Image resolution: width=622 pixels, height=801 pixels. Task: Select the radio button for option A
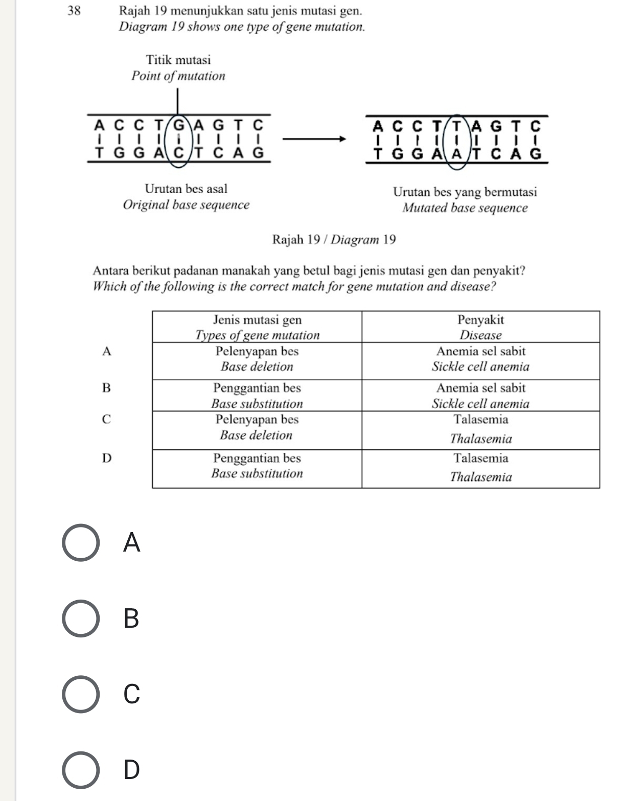(x=81, y=543)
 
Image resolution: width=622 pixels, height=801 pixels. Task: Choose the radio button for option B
(x=81, y=619)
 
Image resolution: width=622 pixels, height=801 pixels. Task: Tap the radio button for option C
(x=81, y=694)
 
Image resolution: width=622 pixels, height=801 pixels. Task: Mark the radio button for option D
(x=81, y=770)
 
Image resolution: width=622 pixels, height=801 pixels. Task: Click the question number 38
(x=74, y=10)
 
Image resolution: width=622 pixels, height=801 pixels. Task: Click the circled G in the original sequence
(x=179, y=125)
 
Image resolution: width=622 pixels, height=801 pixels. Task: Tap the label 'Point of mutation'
(x=178, y=76)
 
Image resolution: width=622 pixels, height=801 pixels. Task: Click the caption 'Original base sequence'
(x=186, y=205)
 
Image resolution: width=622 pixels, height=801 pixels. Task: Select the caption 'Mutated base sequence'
(x=465, y=208)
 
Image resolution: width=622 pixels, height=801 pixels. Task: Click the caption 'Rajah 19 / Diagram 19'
(x=334, y=239)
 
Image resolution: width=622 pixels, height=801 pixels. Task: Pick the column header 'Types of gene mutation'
(x=257, y=335)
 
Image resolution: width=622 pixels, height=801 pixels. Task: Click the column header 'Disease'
(x=480, y=335)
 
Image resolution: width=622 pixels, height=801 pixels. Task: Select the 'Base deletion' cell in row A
(x=257, y=367)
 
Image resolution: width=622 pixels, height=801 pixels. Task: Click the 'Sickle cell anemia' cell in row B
(x=480, y=403)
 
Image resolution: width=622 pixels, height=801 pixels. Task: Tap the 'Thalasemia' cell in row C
(x=480, y=439)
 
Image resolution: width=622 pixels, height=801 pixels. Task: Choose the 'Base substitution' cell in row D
(x=257, y=473)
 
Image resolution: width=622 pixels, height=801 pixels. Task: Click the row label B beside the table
(x=106, y=388)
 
